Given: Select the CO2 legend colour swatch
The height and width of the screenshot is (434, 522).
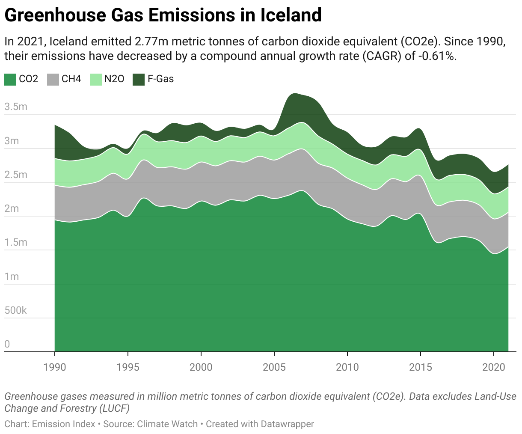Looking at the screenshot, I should tap(10, 79).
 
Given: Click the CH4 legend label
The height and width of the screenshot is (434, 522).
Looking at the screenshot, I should tap(71, 79).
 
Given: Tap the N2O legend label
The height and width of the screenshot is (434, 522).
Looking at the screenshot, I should tap(114, 79).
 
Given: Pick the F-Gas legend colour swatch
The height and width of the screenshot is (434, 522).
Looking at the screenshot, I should tap(139, 79).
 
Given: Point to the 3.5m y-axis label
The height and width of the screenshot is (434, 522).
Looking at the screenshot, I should tap(16, 107).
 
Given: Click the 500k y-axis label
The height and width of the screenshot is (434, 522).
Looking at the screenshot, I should tap(15, 310).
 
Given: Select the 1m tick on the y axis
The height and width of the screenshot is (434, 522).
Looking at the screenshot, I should tap(12, 276).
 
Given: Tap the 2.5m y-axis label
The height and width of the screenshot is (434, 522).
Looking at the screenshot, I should tap(16, 175).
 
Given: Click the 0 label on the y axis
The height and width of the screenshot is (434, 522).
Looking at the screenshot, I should tap(7, 344).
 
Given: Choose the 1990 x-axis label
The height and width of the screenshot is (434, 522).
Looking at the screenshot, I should tap(55, 367).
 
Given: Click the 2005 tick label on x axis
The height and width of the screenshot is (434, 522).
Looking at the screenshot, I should tap(274, 367).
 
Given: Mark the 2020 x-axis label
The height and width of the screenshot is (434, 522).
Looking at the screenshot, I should tap(494, 367).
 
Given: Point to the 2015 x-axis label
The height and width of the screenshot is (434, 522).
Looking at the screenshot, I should tap(421, 367).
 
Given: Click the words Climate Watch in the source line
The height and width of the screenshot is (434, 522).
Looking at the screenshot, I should tap(167, 424).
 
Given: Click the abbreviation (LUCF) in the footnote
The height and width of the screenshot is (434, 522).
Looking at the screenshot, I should tap(114, 408).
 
